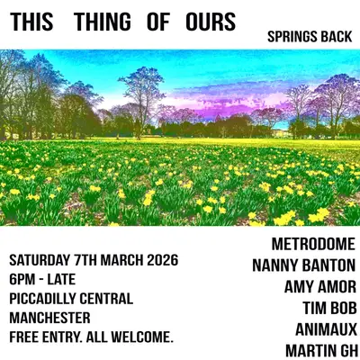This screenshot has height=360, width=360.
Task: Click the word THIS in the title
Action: tap(32, 22)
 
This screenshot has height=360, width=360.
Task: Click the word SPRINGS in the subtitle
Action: tap(292, 40)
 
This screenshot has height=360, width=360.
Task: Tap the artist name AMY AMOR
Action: tap(319, 287)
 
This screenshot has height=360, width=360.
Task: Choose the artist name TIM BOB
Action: tap(328, 308)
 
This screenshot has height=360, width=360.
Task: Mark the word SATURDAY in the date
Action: tap(41, 259)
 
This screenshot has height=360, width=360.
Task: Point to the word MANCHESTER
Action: tap(49, 318)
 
